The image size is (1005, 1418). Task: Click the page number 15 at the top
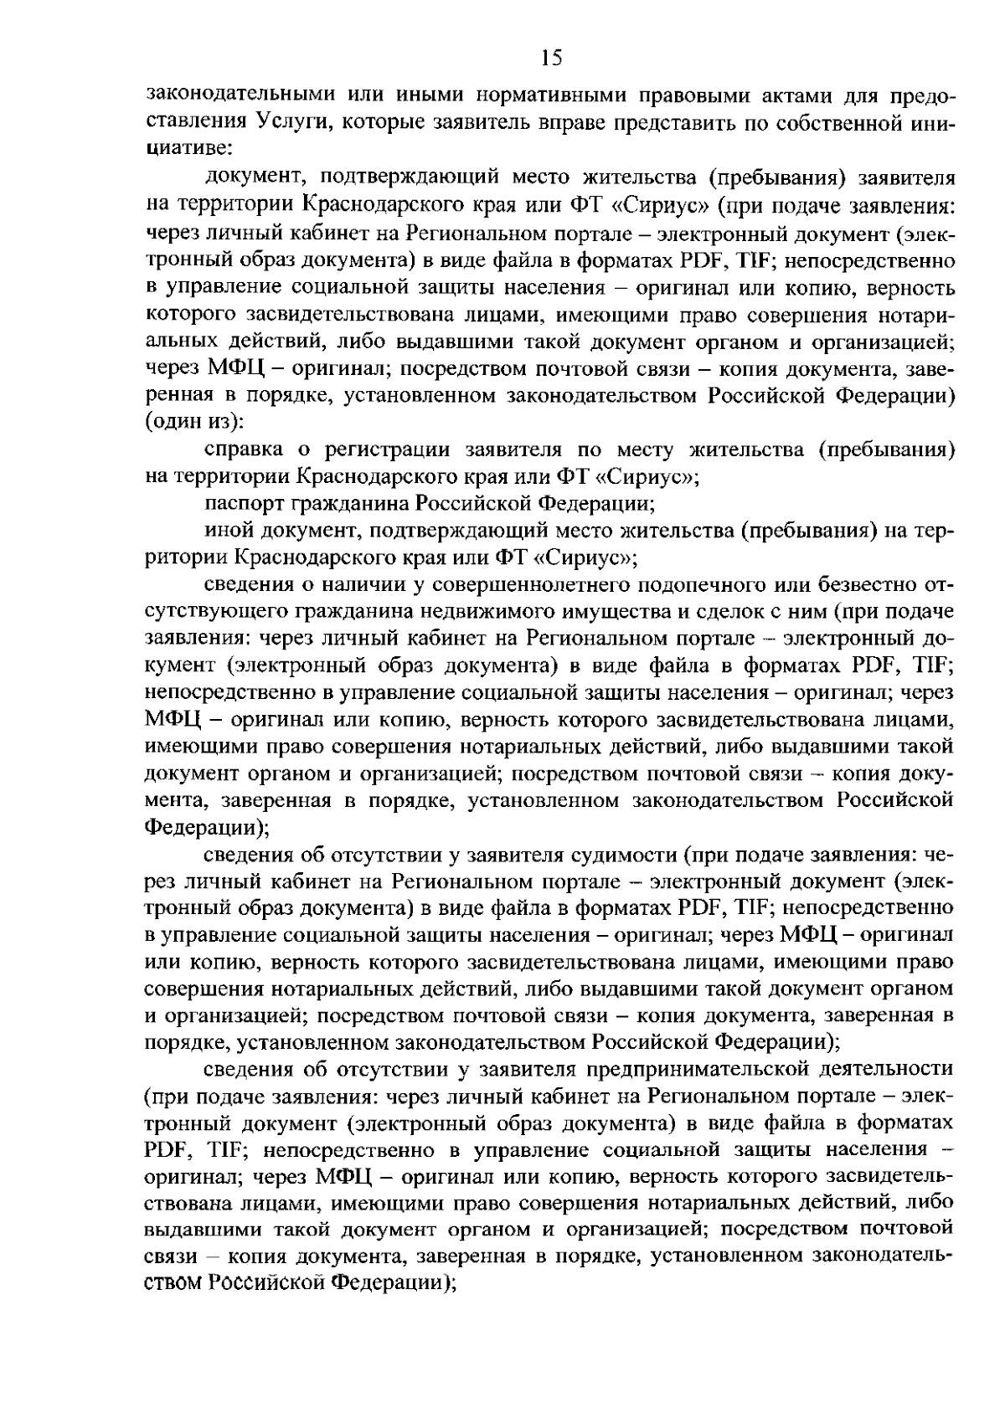click(x=552, y=58)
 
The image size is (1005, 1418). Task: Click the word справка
click(x=243, y=449)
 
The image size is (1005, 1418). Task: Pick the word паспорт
click(x=244, y=503)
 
